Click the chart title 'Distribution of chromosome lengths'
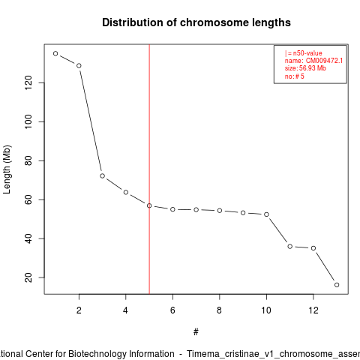point(196,22)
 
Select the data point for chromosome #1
point(55,53)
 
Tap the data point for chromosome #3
point(102,176)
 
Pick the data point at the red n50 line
point(149,205)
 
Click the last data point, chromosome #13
point(337,285)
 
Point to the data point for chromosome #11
point(289,247)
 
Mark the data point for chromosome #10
point(266,214)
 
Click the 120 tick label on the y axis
point(28,82)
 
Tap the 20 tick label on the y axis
point(28,277)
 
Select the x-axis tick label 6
point(172,310)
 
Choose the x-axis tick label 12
point(313,310)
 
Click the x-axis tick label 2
point(79,310)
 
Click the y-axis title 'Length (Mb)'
point(7,169)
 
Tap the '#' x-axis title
point(196,332)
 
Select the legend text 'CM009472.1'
point(324,61)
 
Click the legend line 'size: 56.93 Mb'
point(305,68)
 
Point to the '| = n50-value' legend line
point(303,53)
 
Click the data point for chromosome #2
point(79,66)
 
